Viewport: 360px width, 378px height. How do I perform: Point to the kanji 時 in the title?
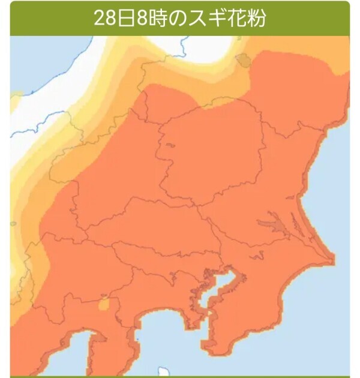[x=157, y=17]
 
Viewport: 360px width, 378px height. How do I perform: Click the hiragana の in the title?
[x=178, y=17]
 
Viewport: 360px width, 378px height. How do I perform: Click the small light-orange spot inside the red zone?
[x=103, y=305]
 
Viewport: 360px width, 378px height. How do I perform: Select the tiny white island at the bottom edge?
[x=162, y=371]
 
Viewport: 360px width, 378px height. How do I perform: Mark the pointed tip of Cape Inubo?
[x=332, y=259]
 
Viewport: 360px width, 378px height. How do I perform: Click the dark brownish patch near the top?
[x=244, y=59]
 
